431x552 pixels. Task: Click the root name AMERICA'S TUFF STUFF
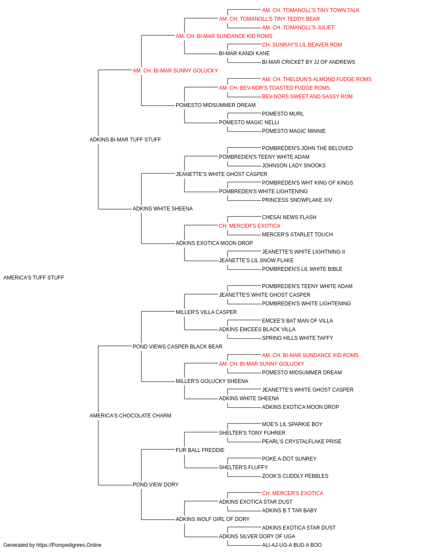34,278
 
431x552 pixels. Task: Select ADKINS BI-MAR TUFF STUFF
125,140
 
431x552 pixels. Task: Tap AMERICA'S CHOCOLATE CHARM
130,416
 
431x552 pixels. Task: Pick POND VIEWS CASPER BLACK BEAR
178,347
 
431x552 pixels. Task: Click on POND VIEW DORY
156,485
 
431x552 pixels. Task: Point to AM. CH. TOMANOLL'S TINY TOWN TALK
311,10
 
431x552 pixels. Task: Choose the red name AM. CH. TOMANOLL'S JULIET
298,28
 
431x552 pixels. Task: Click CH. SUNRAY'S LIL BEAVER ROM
302,45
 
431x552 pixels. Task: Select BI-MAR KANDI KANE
244,53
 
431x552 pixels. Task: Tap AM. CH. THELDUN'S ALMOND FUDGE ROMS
316,79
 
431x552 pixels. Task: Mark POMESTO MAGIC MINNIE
294,131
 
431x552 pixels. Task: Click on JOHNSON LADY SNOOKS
294,166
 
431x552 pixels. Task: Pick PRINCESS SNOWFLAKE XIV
297,200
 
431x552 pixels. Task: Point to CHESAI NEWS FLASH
289,217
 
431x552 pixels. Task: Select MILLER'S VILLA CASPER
206,312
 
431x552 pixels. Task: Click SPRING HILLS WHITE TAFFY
297,338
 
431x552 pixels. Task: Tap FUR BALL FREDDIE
200,450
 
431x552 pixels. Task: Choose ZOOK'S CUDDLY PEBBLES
295,476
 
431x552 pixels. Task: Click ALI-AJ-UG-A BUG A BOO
292,545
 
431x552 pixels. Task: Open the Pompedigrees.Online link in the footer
69,545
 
